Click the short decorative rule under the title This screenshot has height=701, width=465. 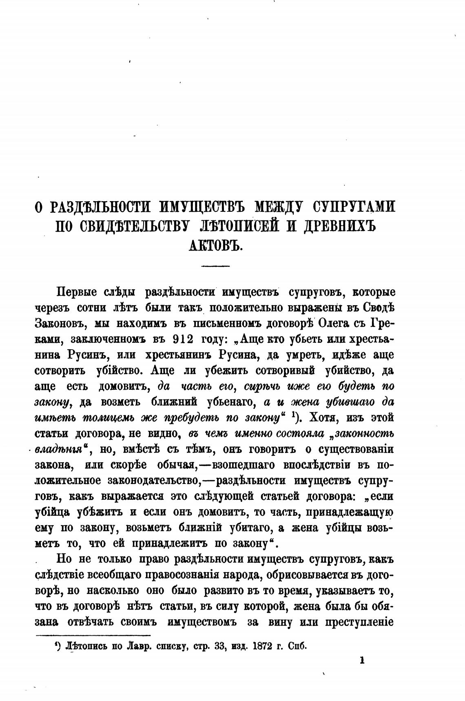[216, 266]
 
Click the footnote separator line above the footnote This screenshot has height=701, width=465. [93, 635]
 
